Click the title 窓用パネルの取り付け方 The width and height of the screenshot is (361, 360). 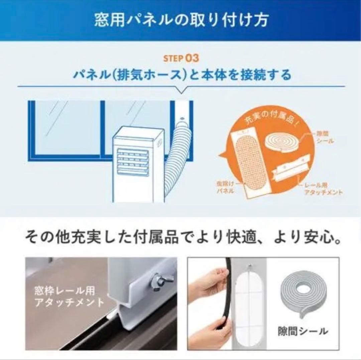180,20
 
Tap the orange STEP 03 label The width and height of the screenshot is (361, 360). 181,58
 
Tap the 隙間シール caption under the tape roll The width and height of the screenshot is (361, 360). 303,332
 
